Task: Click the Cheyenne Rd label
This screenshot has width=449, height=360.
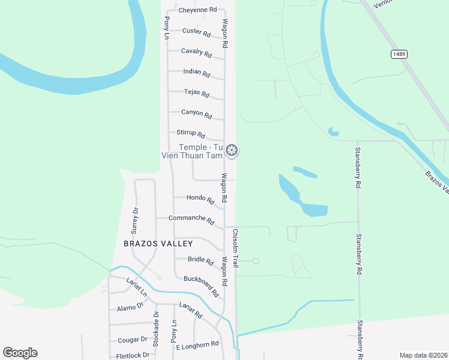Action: (x=197, y=10)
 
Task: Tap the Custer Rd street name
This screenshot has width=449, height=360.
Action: (x=196, y=32)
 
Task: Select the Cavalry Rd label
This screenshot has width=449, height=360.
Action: (x=196, y=53)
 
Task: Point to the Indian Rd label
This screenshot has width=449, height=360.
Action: (x=196, y=73)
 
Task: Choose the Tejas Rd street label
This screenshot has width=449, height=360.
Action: (x=196, y=94)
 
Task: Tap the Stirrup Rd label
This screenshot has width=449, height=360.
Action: (x=191, y=134)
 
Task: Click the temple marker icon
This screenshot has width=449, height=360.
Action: (x=232, y=150)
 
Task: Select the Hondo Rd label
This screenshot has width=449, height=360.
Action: (x=200, y=198)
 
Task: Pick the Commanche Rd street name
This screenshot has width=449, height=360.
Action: (x=191, y=219)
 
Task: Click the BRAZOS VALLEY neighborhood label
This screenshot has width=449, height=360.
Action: (x=158, y=244)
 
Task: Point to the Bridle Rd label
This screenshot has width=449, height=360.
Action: (x=200, y=260)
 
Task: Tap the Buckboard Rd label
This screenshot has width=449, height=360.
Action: (x=201, y=286)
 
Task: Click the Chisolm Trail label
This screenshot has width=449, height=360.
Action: (x=236, y=248)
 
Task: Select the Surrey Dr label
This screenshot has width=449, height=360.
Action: (x=135, y=220)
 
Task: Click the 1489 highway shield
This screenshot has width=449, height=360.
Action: (x=399, y=54)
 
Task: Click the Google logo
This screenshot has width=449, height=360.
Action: (x=20, y=353)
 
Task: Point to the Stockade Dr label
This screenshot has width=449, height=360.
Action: (x=155, y=329)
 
